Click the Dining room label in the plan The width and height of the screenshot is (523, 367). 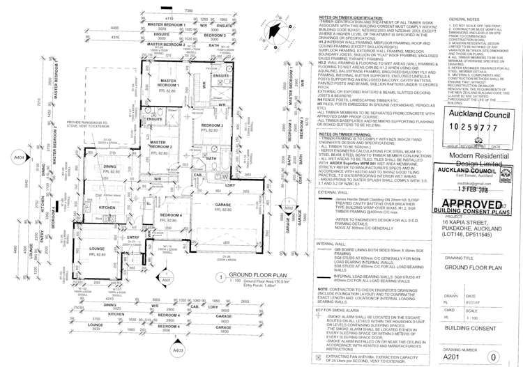(110, 167)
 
